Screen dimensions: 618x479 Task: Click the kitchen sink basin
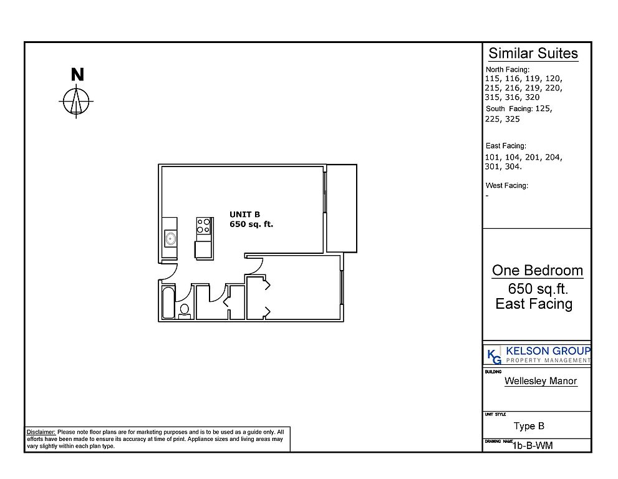170,238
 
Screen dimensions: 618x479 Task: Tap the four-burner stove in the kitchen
204,226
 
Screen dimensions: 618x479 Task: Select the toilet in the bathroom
185,311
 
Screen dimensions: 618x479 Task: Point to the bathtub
168,302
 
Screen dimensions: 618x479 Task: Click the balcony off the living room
342,208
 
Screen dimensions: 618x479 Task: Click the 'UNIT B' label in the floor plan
244,215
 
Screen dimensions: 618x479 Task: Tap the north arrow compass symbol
76,101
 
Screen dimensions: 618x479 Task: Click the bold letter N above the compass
77,74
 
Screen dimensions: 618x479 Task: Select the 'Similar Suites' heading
533,53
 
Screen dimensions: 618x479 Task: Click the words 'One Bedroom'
537,271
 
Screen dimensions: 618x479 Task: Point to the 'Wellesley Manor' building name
541,381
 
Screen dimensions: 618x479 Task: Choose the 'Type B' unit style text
529,426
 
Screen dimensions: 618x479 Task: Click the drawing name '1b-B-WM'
533,445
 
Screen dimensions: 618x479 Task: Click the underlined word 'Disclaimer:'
41,432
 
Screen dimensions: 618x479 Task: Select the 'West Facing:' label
507,185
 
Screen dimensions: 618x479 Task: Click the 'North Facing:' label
508,69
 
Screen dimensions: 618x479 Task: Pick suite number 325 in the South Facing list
513,119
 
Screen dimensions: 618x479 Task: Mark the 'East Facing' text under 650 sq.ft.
534,304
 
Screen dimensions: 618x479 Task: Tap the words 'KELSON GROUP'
548,351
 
